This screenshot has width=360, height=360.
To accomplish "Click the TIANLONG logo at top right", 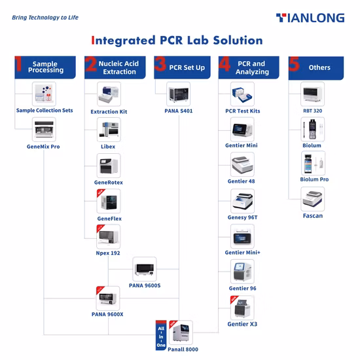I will [310, 18].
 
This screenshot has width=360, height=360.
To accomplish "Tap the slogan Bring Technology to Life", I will [45, 18].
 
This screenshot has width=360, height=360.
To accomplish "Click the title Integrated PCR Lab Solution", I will [177, 41].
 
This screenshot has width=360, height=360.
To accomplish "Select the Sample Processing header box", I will [45, 67].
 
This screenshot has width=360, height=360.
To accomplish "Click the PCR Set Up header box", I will [179, 67].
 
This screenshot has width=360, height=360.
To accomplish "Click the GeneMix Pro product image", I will [45, 130].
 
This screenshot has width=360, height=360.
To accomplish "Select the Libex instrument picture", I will [109, 130].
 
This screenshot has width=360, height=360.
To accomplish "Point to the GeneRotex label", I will [109, 182].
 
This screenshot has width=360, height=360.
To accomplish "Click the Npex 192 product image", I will [109, 236].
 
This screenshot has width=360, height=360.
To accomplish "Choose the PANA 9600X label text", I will [108, 314].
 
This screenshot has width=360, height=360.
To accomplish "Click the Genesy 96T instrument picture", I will [243, 201].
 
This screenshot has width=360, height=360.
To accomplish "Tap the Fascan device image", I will [313, 198].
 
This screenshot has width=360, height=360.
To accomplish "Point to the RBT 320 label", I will [312, 111].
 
